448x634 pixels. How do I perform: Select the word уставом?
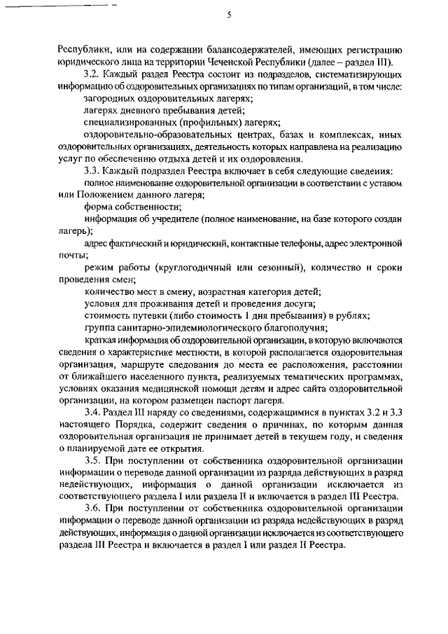point(384,183)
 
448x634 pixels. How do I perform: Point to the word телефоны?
point(301,243)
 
